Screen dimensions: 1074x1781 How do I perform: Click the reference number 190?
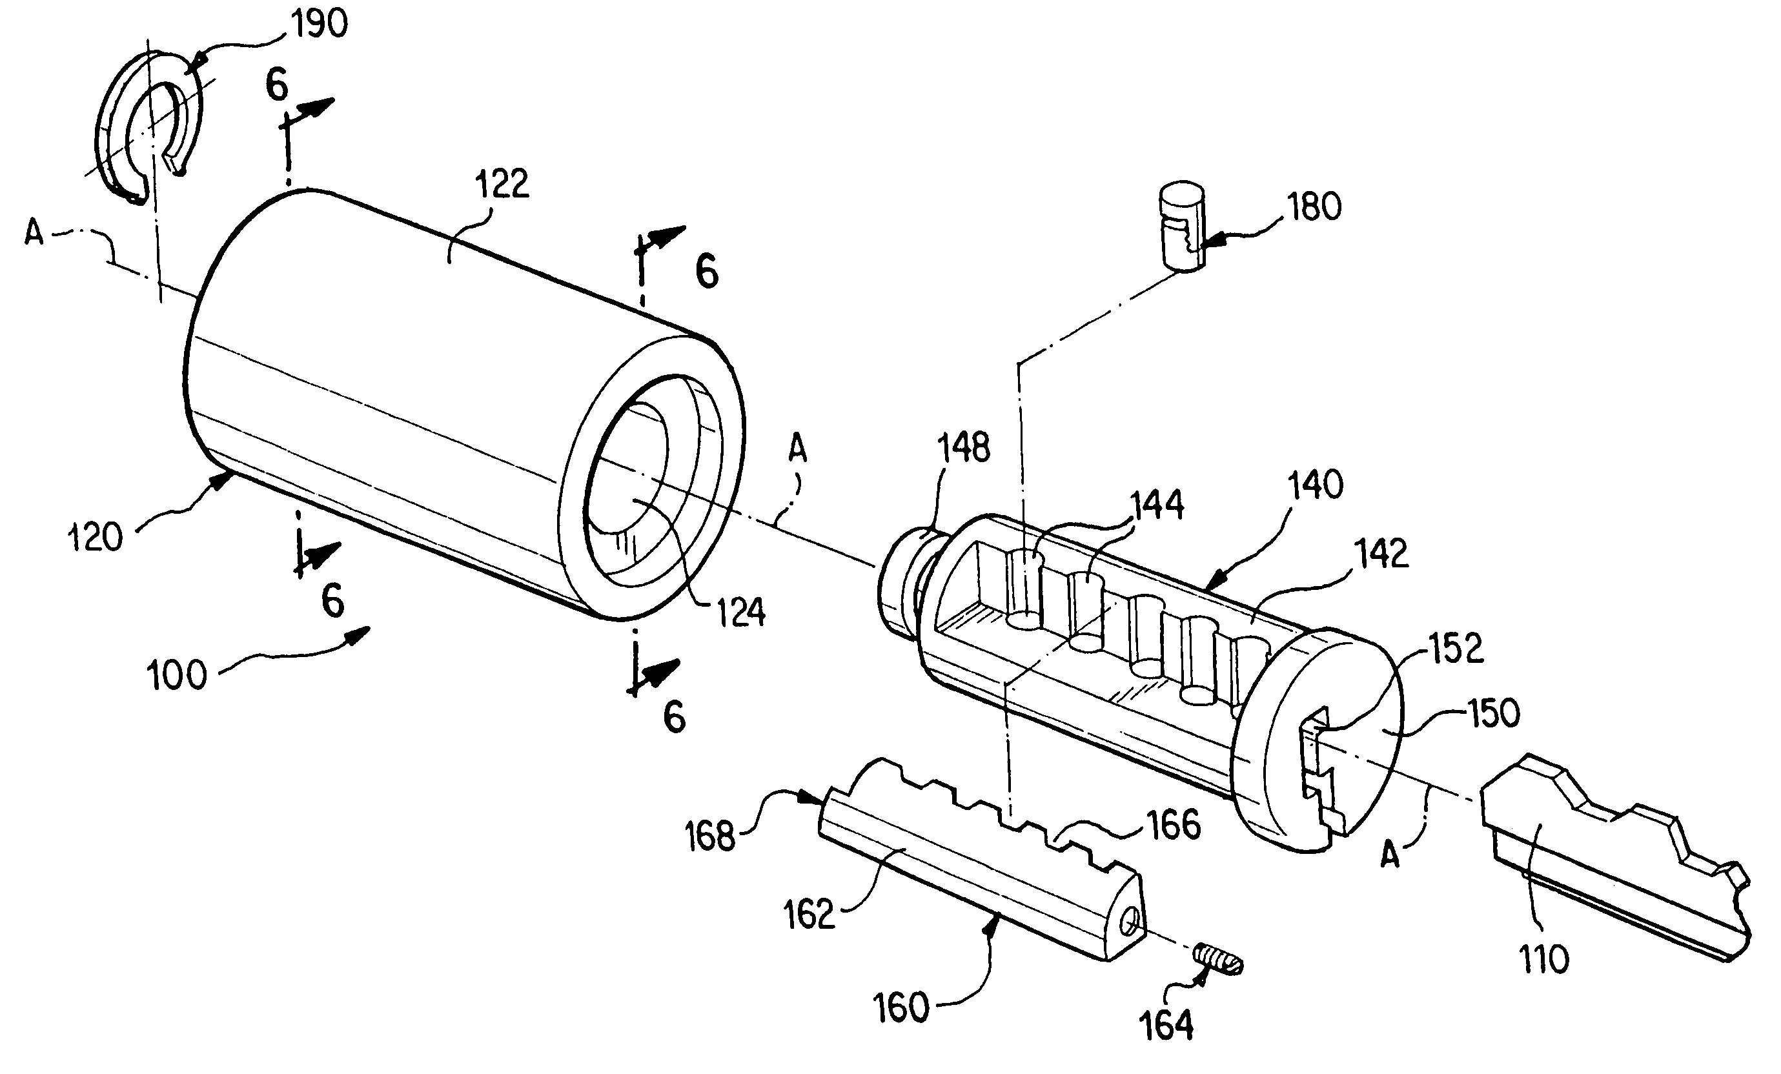coord(318,25)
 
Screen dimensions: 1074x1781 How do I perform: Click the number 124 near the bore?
coord(741,612)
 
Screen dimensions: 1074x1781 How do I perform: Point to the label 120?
coord(96,538)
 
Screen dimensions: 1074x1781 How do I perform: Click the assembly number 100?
coord(177,676)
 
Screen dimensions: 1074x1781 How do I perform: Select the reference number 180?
coord(1314,207)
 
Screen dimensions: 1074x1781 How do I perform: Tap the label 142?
coord(1381,554)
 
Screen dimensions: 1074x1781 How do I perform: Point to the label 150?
coord(1493,713)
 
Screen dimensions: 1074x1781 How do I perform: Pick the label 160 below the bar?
coord(901,1008)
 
